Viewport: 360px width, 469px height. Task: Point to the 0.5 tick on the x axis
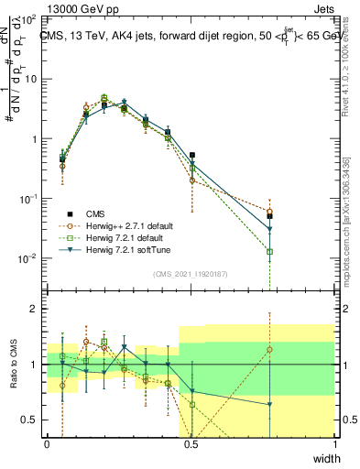pyautogui.click(x=191, y=444)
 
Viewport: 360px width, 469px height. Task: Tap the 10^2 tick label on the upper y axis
pyautogui.click(x=28, y=18)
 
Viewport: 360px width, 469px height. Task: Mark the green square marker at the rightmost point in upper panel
pyautogui.click(x=269, y=252)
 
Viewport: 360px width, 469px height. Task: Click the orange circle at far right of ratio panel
pyautogui.click(x=269, y=349)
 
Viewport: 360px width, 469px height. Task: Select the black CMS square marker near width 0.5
pyautogui.click(x=192, y=156)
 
